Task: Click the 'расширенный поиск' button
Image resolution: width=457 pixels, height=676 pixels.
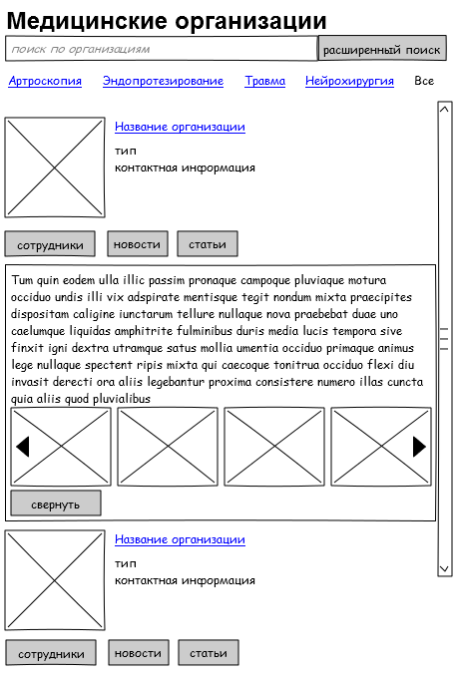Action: coord(382,48)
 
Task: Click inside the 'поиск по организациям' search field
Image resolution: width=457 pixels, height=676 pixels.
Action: coord(162,49)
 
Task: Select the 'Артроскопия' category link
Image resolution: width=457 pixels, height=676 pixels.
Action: coord(45,81)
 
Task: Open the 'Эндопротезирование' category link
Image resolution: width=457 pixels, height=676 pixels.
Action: coord(163,81)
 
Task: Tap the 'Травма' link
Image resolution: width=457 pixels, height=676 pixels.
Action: coord(265,81)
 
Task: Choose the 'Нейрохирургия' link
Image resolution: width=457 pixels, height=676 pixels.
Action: coord(349,81)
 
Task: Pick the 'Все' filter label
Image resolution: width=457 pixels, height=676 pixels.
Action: coord(424,81)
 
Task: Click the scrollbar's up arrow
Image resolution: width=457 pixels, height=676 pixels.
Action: coord(444,109)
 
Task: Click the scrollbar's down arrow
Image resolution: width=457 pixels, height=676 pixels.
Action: coord(444,568)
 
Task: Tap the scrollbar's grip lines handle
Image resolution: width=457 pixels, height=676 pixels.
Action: coord(444,339)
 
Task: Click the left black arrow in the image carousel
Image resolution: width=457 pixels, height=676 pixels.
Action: coord(22,447)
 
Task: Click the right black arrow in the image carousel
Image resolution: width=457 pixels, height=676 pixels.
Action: coord(419,447)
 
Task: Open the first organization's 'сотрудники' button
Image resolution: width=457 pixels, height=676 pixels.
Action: coord(50,244)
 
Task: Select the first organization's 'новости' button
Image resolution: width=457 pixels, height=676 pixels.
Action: coord(138,244)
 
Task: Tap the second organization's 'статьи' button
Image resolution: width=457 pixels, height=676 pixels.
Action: coord(209,653)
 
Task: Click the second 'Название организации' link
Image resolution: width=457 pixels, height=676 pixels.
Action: coord(180,539)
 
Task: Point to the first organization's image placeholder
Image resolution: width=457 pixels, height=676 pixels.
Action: coord(55,168)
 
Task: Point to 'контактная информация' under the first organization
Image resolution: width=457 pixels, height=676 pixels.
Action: coord(185,168)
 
